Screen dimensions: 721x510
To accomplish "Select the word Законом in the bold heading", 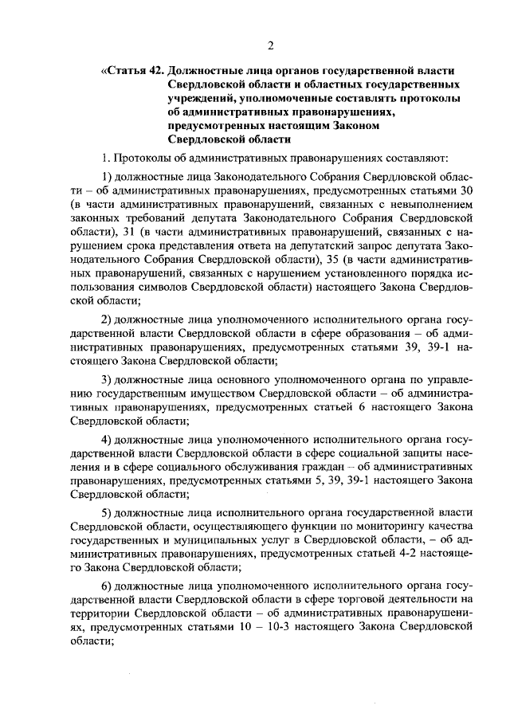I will click(x=363, y=124).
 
